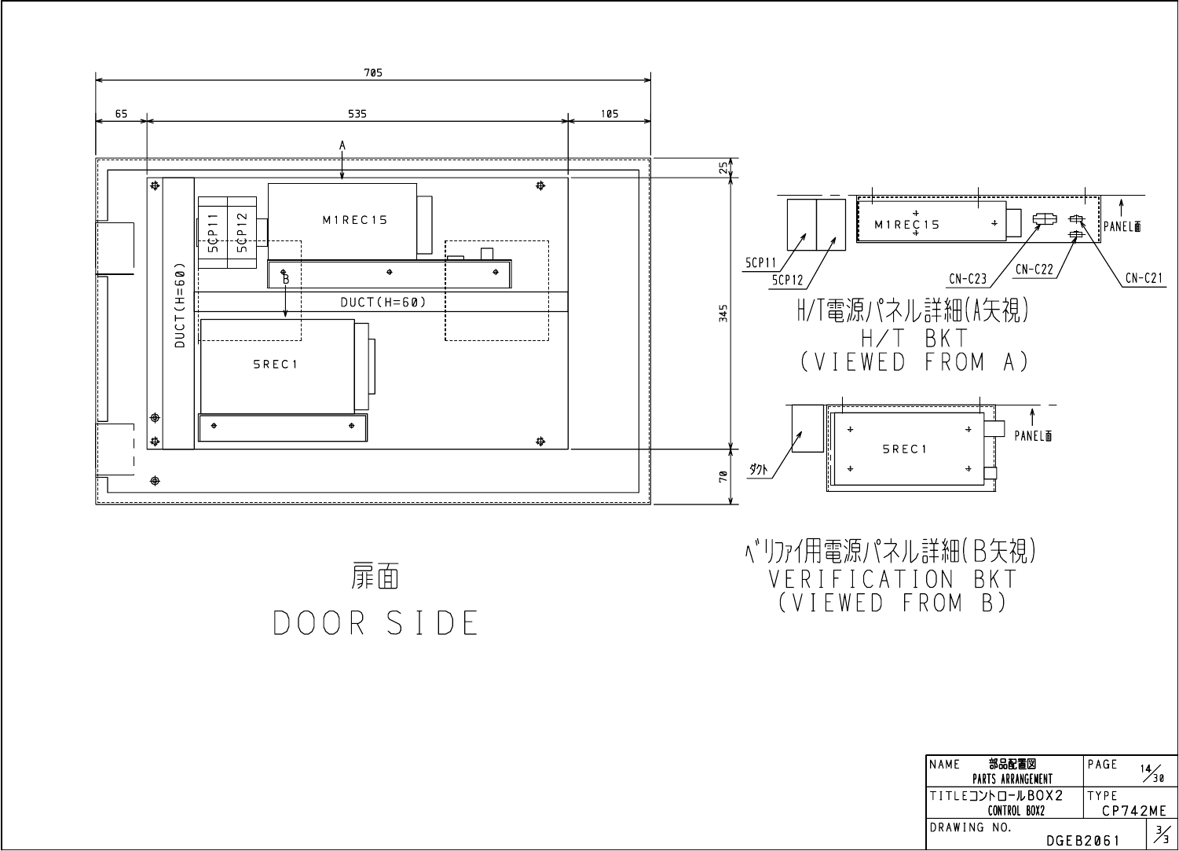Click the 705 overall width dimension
[373, 73]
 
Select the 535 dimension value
[357, 114]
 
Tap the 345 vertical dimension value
[724, 313]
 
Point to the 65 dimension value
[122, 114]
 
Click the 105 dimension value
[610, 114]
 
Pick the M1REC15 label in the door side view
[355, 221]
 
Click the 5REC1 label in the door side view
[275, 365]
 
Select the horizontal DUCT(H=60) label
[383, 302]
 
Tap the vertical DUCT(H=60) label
[180, 304]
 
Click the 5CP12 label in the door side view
[242, 232]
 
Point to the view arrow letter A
[342, 145]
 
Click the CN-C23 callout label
[968, 278]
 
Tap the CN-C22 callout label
[1034, 269]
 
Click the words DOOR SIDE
[375, 623]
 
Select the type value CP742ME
[1133, 811]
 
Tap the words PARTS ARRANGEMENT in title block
[1012, 779]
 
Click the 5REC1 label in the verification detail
[905, 449]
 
